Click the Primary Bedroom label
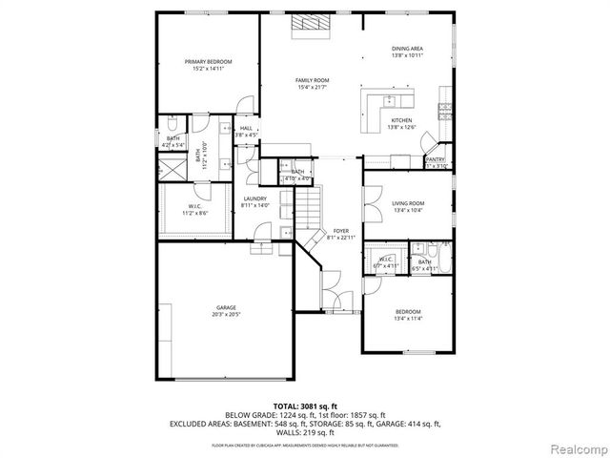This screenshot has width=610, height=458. coord(208,61)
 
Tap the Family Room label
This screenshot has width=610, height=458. coord(312,80)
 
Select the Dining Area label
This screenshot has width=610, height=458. coord(407,48)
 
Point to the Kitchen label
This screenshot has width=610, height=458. coord(401,120)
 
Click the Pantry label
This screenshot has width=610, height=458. coord(436,159)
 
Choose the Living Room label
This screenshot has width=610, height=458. coord(408,203)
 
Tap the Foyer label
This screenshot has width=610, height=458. coord(340,231)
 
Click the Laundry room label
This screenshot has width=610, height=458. coord(254,198)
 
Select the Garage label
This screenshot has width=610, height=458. coord(225,307)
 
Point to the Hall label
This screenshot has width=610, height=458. coord(246,128)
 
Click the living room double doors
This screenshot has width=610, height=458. coord(365,202)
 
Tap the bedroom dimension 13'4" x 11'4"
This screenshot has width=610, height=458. coord(408,318)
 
